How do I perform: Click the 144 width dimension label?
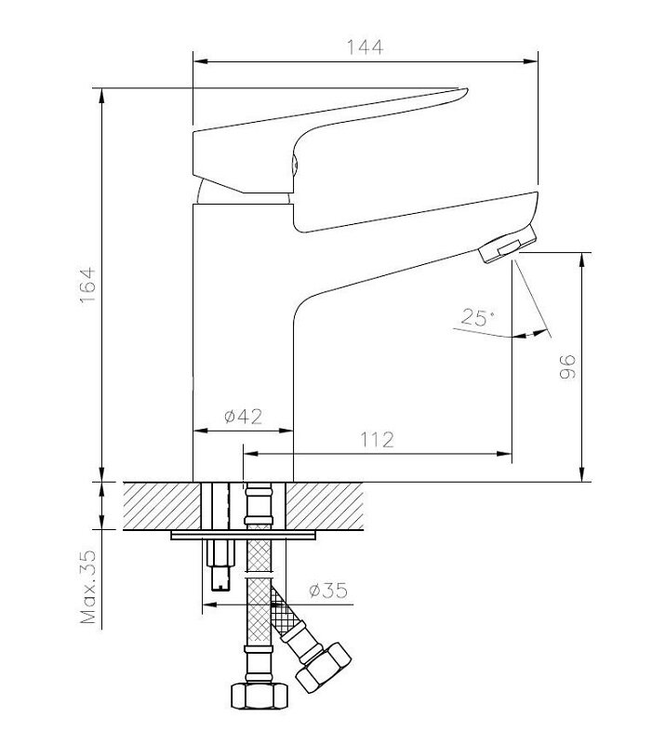365,47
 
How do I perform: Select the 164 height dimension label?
88,286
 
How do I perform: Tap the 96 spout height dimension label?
567,366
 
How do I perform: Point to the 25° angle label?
477,317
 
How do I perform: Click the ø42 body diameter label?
243,416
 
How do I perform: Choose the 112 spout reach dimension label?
377,440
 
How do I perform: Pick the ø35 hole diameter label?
328,591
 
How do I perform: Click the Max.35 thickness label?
88,587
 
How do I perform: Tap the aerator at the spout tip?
507,244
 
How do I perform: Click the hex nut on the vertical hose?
259,696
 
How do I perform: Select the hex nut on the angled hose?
324,667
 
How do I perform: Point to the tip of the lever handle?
467,89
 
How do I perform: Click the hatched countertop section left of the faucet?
162,506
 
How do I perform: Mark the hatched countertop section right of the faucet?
325,506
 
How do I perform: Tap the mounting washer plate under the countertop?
244,536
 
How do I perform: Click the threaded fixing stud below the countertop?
221,565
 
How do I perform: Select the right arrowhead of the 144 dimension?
530,61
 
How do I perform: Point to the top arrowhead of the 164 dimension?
101,96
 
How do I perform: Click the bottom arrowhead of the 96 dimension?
582,473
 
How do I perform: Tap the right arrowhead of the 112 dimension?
504,454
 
